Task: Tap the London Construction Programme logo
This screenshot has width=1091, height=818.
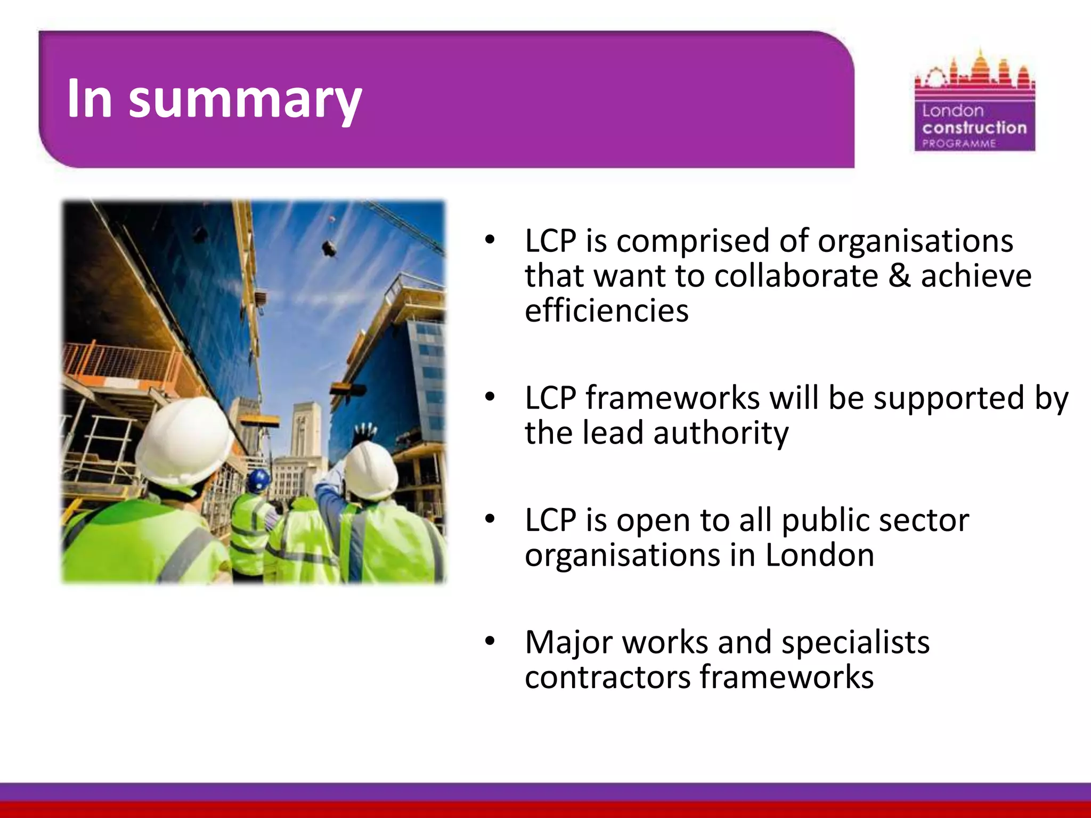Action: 974,101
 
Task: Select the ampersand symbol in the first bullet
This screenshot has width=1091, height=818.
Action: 900,276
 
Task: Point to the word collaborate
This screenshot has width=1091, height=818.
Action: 796,276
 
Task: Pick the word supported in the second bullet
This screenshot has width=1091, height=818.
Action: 948,398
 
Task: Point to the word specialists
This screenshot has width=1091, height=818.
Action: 855,642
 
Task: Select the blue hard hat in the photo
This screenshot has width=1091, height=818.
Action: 259,481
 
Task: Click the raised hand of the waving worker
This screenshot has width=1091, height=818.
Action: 365,431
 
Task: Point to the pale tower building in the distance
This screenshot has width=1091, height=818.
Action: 306,431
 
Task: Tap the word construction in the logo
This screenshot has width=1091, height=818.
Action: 974,128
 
